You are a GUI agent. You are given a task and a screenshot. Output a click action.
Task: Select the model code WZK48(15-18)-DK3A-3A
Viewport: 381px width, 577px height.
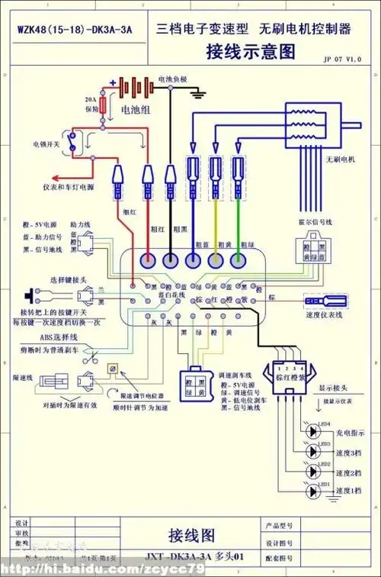[74, 30]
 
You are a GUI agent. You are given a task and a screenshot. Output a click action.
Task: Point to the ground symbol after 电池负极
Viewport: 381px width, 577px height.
[200, 92]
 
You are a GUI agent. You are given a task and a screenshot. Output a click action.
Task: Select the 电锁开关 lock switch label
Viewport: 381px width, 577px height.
[45, 143]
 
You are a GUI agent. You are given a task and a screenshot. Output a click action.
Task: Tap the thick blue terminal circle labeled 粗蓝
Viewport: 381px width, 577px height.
[193, 260]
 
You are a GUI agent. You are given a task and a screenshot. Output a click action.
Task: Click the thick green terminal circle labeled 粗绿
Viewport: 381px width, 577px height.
[240, 260]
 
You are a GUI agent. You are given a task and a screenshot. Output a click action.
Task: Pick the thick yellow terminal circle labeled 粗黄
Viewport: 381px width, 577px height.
[216, 260]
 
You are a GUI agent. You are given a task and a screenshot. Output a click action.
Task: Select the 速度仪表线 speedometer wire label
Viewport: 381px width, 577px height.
[324, 314]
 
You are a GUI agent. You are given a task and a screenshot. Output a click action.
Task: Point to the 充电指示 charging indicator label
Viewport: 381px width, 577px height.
[351, 431]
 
